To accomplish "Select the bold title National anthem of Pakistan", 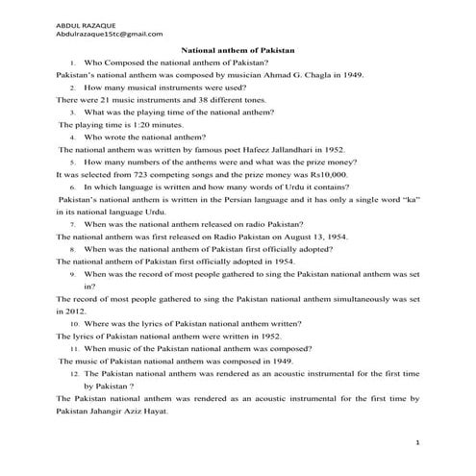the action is (x=238, y=48).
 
